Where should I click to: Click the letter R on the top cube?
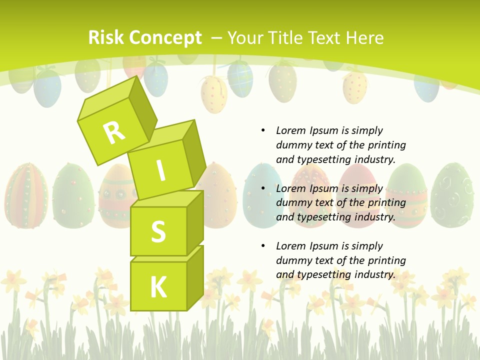tap(114, 133)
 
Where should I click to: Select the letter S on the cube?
tap(158, 231)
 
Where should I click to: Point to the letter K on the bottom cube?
tap(158, 287)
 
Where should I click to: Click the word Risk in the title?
tap(106, 37)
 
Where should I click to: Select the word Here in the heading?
tap(366, 37)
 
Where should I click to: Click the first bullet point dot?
tap(263, 130)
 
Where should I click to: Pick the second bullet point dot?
tap(263, 188)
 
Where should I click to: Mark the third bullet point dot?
tap(263, 246)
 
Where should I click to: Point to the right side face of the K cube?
tap(195, 277)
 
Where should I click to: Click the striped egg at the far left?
tap(26, 195)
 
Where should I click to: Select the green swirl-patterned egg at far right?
tap(452, 195)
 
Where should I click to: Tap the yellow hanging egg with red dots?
tap(214, 93)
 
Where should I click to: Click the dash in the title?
tap(216, 38)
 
